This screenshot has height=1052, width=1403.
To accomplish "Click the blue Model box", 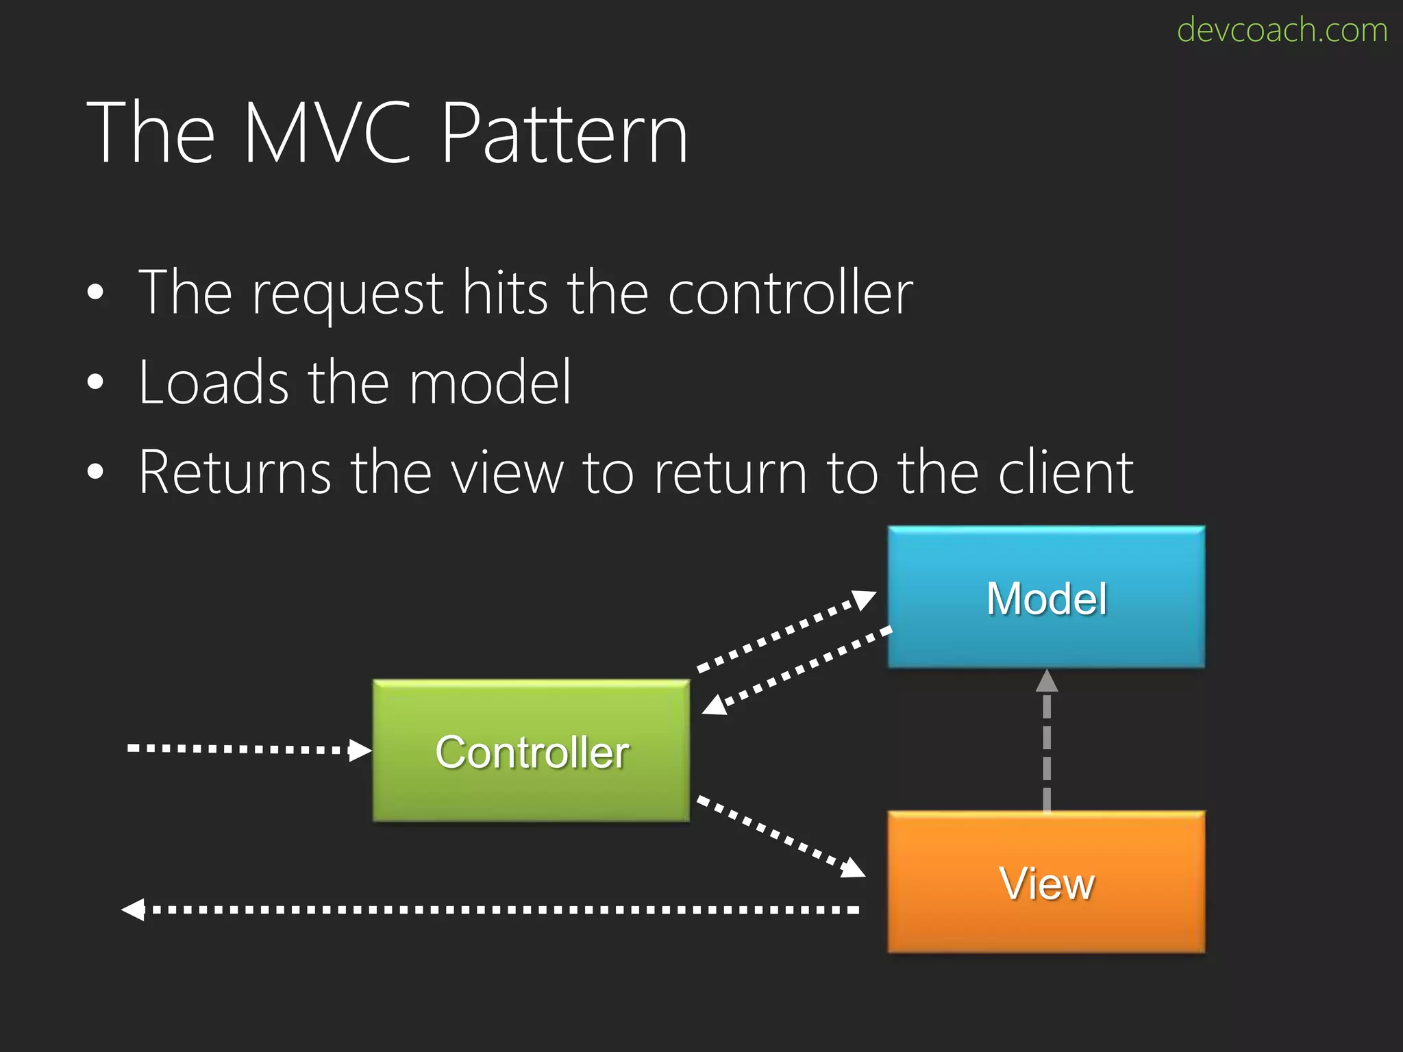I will [1046, 597].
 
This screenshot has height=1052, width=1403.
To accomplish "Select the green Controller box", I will [532, 751].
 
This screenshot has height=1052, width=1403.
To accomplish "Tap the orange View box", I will [1046, 882].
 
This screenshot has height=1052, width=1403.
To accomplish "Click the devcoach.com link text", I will [1282, 30].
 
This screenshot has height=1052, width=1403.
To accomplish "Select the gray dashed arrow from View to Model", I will [1046, 747].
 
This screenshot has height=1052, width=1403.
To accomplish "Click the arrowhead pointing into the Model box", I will [864, 599].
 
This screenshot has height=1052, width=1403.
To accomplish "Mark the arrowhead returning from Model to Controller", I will [715, 705].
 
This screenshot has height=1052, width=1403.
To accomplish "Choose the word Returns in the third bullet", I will [235, 472].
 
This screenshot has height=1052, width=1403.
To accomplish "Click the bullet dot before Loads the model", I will [95, 381].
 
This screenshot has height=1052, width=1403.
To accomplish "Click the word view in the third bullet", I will [508, 472].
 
